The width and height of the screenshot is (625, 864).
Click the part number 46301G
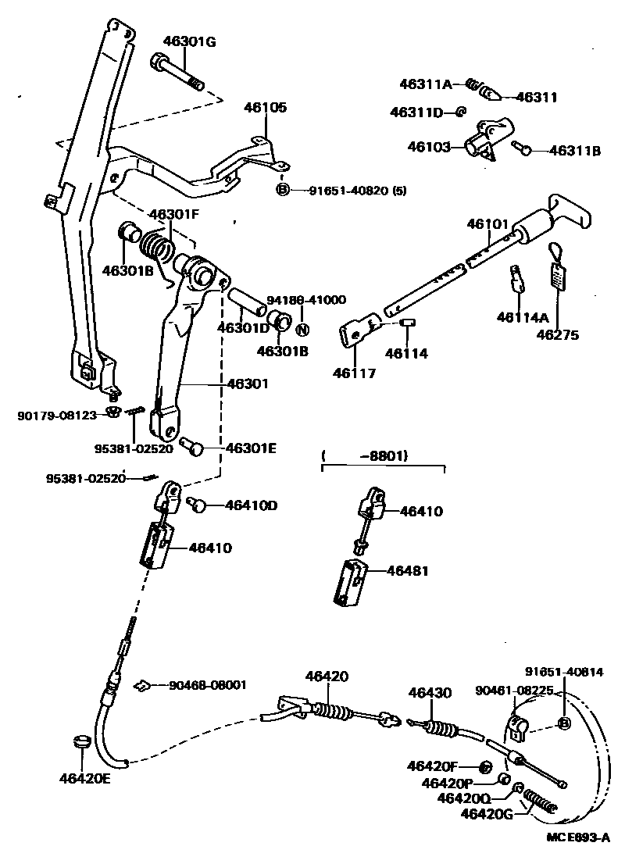(x=188, y=41)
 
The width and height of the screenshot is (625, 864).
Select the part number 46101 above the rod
(x=488, y=224)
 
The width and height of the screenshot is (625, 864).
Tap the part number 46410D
(x=251, y=505)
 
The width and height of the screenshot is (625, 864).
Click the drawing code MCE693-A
(x=577, y=837)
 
